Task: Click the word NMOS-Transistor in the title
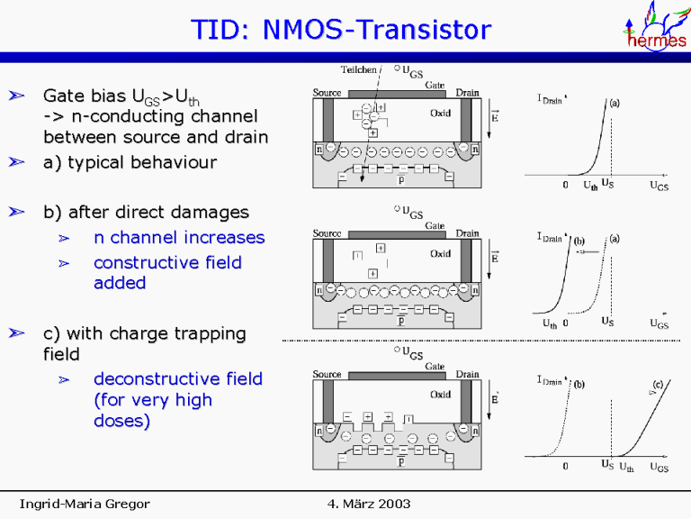pyautogui.click(x=376, y=31)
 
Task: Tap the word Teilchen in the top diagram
pyautogui.click(x=359, y=69)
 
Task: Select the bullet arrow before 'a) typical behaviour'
pyautogui.click(x=15, y=163)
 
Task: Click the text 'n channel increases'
pyautogui.click(x=179, y=238)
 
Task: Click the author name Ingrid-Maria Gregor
pyautogui.click(x=85, y=503)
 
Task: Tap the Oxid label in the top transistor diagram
pyautogui.click(x=440, y=114)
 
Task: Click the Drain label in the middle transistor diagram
pyautogui.click(x=467, y=233)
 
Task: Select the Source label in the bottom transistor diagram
pyautogui.click(x=327, y=374)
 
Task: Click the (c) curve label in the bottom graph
pyautogui.click(x=658, y=385)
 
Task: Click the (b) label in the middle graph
pyautogui.click(x=580, y=241)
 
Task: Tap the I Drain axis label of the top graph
pyautogui.click(x=549, y=100)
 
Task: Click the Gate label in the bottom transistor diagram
pyautogui.click(x=435, y=367)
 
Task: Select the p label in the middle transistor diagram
pyautogui.click(x=400, y=320)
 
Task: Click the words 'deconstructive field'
pyautogui.click(x=178, y=378)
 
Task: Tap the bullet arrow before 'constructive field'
pyautogui.click(x=64, y=263)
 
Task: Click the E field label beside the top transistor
pyautogui.click(x=494, y=116)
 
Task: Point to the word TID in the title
pyautogui.click(x=219, y=31)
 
